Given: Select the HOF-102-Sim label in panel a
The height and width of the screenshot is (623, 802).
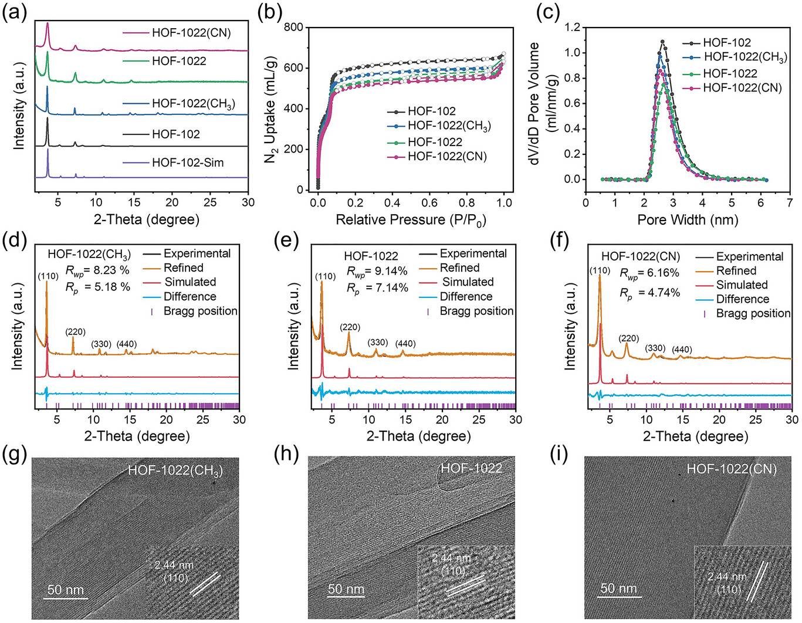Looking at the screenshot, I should tap(187, 162).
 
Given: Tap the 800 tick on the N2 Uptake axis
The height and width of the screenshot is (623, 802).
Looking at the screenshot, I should tap(294, 28).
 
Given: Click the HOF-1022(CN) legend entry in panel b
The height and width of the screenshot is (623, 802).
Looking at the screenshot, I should tap(447, 157).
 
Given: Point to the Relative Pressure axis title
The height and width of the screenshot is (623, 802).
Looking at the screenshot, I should tap(411, 220).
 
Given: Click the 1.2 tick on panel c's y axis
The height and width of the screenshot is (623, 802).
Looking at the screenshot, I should tap(572, 28).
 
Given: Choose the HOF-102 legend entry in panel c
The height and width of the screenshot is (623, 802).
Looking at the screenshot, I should tap(726, 42).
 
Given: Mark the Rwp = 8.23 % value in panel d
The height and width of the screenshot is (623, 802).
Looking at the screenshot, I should tap(90, 271).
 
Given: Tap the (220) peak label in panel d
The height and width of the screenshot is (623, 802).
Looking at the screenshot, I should tap(75, 332).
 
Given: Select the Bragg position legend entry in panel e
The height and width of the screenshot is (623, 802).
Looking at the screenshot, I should tap(476, 311).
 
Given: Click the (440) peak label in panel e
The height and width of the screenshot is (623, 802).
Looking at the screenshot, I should tap(405, 344).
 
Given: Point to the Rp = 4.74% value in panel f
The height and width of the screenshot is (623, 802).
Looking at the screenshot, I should tap(650, 293).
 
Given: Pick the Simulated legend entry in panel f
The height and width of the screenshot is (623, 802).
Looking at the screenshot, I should tap(742, 285).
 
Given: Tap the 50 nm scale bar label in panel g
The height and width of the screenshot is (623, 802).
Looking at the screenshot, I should tap(66, 590).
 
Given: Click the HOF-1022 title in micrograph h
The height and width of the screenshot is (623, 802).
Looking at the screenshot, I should tap(471, 468).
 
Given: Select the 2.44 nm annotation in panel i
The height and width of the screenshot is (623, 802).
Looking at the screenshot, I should tap(727, 577).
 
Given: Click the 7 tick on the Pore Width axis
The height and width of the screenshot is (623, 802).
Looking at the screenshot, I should tap(790, 203).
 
